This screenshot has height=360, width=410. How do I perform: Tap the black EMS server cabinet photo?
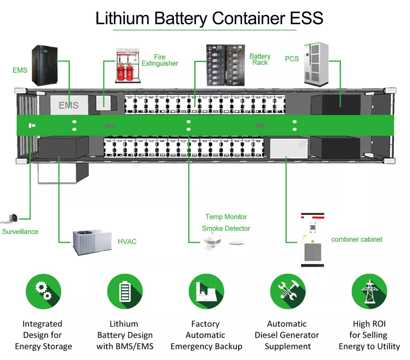pos(45,65)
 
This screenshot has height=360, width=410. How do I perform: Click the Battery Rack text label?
pos(260,59)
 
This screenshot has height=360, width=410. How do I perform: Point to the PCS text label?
pos(292,59)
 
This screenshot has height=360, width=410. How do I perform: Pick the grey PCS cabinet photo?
pos(316,64)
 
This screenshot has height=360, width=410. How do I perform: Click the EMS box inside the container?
pos(68,105)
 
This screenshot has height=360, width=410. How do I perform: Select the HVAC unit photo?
pos(92,242)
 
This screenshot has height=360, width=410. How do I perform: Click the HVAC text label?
pos(127,242)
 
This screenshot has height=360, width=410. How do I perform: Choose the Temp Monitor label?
pos(226,217)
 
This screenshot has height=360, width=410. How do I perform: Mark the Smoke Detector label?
pos(226,228)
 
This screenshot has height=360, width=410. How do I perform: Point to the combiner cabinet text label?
pos(357,239)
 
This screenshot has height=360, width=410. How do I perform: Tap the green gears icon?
pos(43,292)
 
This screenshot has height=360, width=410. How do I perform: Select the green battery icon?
pos(124,292)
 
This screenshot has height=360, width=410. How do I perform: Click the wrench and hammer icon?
pos(287,292)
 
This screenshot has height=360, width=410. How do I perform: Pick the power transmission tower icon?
pos(369,292)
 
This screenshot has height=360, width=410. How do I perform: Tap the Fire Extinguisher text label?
pos(159,61)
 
